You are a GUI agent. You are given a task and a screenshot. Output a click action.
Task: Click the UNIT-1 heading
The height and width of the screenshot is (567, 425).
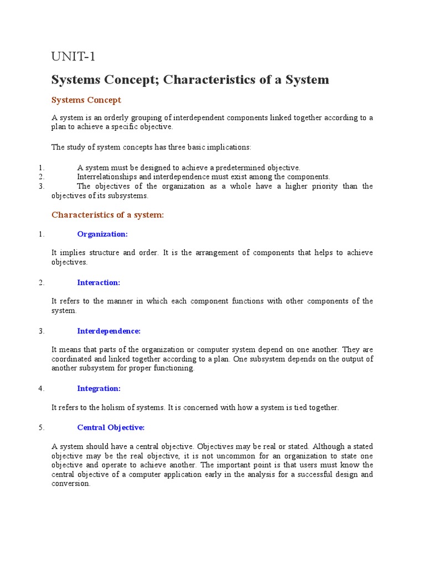coord(77,56)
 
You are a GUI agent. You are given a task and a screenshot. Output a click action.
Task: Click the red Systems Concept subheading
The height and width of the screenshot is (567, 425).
coord(86,100)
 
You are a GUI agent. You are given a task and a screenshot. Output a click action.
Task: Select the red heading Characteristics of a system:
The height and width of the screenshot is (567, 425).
coord(107,215)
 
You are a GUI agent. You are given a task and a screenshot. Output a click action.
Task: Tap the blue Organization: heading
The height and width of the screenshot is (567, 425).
coord(102,234)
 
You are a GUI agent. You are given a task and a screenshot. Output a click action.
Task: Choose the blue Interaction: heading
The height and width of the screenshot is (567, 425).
coord(99,282)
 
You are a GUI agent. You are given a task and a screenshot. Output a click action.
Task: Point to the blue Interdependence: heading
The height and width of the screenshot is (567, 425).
coord(109,331)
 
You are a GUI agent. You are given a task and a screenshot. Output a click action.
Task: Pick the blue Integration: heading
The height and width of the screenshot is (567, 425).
coord(99,389)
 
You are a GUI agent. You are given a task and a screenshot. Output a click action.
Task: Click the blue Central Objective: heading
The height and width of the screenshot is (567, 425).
coord(111,427)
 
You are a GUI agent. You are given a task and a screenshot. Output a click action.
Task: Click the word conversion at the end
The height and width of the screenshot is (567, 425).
coord(70,483)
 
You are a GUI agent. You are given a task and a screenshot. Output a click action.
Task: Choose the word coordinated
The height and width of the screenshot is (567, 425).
coord(71,359)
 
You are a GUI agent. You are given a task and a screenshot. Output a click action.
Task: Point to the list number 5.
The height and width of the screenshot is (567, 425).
coord(42,427)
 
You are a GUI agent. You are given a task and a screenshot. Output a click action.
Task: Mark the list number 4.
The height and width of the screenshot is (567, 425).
coord(42,389)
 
